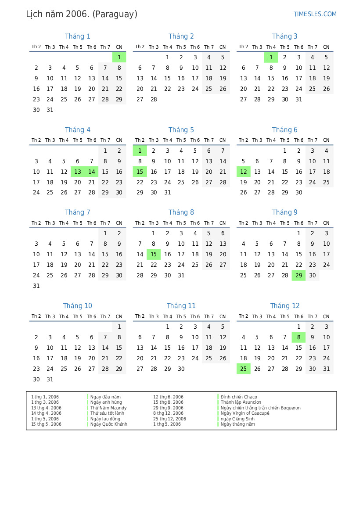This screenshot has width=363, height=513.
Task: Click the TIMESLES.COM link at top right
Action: coord(315,14)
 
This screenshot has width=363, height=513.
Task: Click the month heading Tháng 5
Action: coord(181,130)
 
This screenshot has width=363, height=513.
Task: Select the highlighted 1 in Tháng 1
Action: coord(119,57)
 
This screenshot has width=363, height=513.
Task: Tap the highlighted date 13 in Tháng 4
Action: coord(78,172)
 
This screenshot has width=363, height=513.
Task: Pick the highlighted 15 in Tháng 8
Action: coord(154,254)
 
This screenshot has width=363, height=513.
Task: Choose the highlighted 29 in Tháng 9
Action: coord(298,275)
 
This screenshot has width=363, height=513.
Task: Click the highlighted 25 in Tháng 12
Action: coord(243,369)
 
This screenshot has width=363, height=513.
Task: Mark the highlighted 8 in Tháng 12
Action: coord(298,337)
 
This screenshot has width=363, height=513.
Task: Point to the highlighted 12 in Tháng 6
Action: coord(243,172)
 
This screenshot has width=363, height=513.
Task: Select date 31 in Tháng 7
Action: coord(36,286)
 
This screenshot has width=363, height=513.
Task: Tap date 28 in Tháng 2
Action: coord(154,99)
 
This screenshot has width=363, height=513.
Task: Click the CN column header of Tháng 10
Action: coord(119,316)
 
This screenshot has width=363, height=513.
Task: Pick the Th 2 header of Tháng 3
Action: coord(243,47)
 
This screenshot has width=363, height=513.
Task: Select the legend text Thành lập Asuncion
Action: coord(241,402)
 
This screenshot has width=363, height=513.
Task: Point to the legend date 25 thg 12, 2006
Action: coord(169,419)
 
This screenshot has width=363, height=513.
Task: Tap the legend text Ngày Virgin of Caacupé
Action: coord(245,413)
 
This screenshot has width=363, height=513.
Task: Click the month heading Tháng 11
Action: coord(181,306)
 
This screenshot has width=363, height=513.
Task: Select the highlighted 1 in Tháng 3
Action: coord(271,57)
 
